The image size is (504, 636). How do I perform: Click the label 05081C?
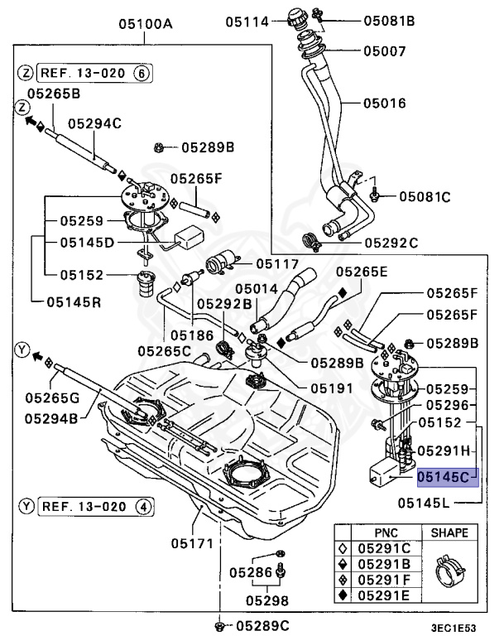coord(425,196)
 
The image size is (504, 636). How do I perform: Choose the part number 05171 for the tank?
coord(193,544)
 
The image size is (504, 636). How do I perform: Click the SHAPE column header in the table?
coord(449,532)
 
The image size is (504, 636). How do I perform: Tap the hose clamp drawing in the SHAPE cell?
coord(449,572)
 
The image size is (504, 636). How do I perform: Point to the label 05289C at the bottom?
coord(262,624)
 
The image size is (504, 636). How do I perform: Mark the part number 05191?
coord(309,387)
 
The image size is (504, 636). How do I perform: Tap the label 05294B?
coord(50,418)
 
